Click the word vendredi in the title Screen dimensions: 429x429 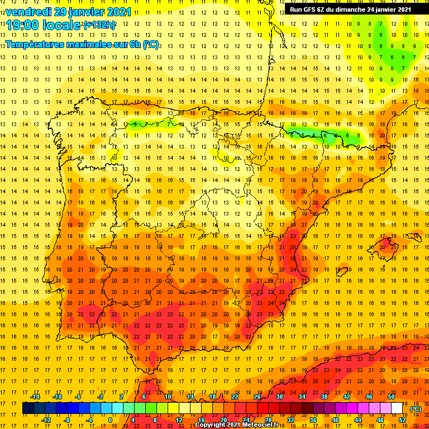pyautogui.click(x=26, y=12)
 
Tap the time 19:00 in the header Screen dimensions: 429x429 pyautogui.click(x=23, y=25)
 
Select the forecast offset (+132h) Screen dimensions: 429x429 pyautogui.click(x=99, y=25)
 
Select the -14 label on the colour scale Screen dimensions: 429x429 pyautogui.click(x=34, y=397)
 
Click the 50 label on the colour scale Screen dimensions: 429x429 pyautogui.click(x=392, y=397)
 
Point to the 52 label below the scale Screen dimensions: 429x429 pyautogui.click(x=402, y=420)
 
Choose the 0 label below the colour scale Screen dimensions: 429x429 pyautogui.click(x=111, y=420)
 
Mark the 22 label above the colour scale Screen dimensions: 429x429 pyautogui.click(x=235, y=397)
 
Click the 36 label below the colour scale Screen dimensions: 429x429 pyautogui.click(x=313, y=420)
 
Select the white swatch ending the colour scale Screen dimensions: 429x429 pyautogui.click(x=397, y=408)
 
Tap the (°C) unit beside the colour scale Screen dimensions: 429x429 pyautogui.click(x=416, y=408)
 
